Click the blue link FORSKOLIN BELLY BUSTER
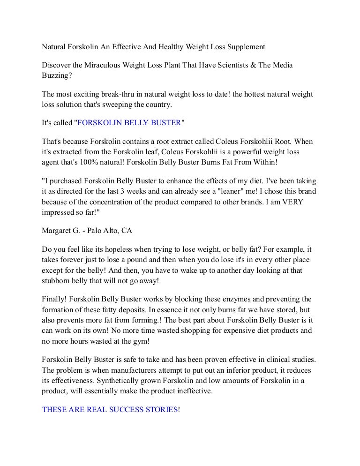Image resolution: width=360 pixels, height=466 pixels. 129,123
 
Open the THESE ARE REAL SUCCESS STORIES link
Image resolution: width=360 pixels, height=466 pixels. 110,409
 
